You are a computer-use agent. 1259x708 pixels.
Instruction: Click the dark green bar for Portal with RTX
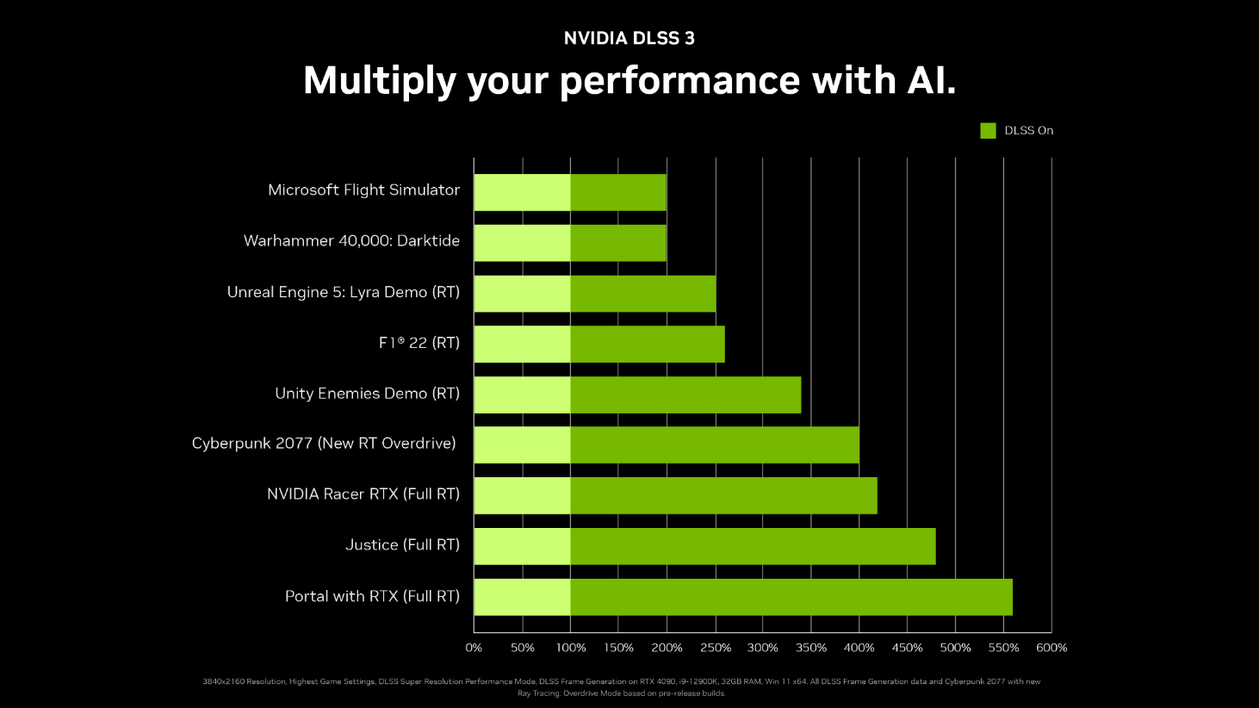pyautogui.click(x=791, y=597)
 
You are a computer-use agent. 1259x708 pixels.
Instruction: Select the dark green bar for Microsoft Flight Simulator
pyautogui.click(x=617, y=192)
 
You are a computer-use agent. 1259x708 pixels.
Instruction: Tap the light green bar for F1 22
pyautogui.click(x=522, y=344)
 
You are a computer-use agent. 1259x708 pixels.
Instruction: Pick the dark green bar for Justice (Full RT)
pyautogui.click(x=753, y=546)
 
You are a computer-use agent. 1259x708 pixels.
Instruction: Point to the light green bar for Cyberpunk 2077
pyautogui.click(x=522, y=444)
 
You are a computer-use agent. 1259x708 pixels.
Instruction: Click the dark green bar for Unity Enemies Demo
pyautogui.click(x=685, y=394)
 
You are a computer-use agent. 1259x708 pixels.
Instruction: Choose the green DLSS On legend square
pyautogui.click(x=988, y=131)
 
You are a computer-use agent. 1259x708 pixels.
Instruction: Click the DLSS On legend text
pyautogui.click(x=1028, y=131)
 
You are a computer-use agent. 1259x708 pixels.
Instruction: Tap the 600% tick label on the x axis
pyautogui.click(x=1051, y=648)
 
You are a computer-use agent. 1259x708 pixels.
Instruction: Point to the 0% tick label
pyautogui.click(x=474, y=648)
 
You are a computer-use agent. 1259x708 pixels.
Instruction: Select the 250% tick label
pyautogui.click(x=715, y=648)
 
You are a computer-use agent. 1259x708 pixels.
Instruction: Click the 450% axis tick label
pyautogui.click(x=907, y=648)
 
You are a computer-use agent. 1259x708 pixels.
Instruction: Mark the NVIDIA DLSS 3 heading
pyautogui.click(x=629, y=38)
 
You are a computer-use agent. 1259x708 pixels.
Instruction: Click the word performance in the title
pyautogui.click(x=680, y=81)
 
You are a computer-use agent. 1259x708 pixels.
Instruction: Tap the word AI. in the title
pyautogui.click(x=930, y=80)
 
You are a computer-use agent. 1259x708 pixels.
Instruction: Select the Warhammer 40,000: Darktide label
pyautogui.click(x=351, y=241)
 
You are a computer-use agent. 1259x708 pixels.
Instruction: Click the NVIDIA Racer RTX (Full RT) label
pyautogui.click(x=363, y=494)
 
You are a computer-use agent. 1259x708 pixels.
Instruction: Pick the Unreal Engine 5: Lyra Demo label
pyautogui.click(x=343, y=292)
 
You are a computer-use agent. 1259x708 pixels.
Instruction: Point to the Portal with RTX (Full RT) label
pyautogui.click(x=372, y=596)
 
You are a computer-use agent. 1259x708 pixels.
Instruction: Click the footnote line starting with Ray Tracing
pyautogui.click(x=621, y=693)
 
